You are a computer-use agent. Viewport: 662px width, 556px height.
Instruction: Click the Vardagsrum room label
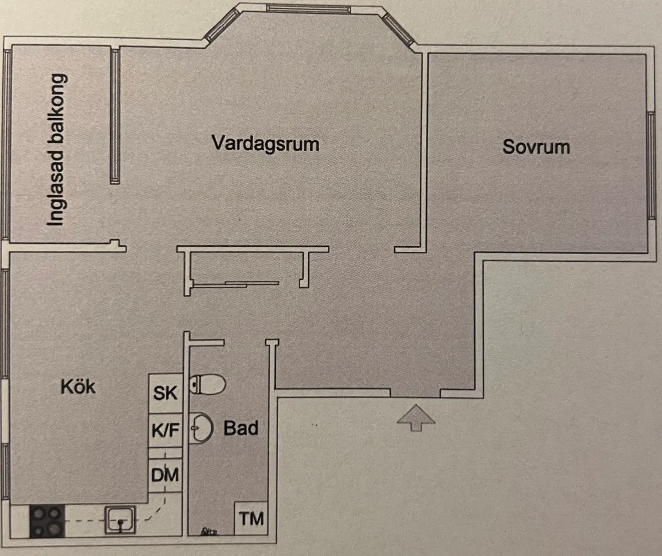pyautogui.click(x=266, y=144)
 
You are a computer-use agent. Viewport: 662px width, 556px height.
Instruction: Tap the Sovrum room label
pyautogui.click(x=536, y=147)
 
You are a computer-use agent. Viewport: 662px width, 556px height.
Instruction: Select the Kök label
pyautogui.click(x=78, y=386)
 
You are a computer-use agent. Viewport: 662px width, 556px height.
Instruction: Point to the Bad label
pyautogui.click(x=241, y=428)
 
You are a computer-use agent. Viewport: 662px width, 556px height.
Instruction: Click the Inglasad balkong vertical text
pyautogui.click(x=56, y=150)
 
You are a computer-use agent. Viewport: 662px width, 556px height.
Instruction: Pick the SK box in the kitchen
pyautogui.click(x=165, y=393)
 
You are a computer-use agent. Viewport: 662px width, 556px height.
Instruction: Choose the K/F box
pyautogui.click(x=165, y=430)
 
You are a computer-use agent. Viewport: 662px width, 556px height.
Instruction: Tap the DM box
pyautogui.click(x=165, y=474)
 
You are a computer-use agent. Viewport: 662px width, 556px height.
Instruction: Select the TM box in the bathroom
pyautogui.click(x=251, y=518)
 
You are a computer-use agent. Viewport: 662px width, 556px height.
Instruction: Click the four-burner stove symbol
pyautogui.click(x=46, y=521)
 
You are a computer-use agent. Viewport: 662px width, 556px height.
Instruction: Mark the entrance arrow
pyautogui.click(x=416, y=417)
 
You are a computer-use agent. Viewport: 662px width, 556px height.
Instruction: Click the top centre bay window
pyautogui.click(x=308, y=9)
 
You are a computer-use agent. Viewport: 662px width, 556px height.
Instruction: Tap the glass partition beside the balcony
pyautogui.click(x=115, y=116)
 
